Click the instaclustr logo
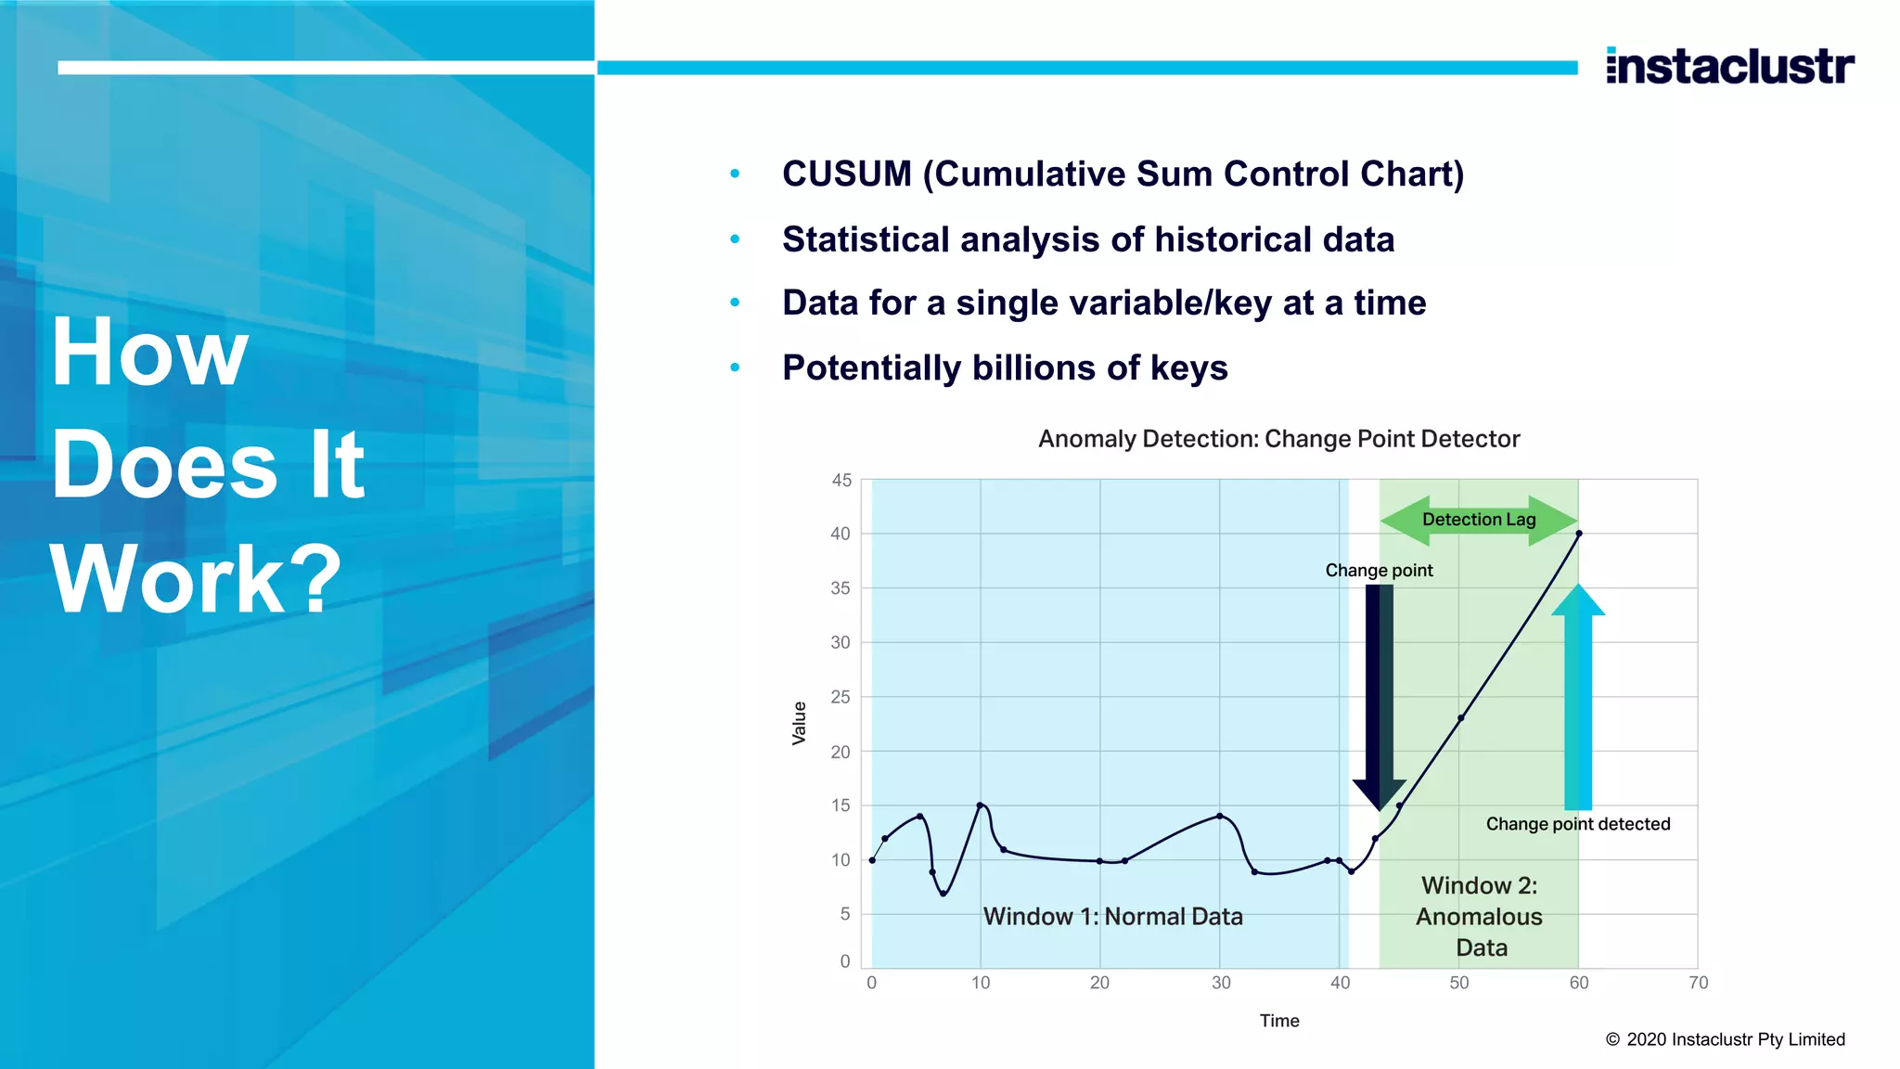1729,66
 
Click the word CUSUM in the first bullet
846,174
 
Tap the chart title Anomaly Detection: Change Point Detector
1278,439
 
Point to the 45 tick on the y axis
841,481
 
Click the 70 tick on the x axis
1698,983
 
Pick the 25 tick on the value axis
841,697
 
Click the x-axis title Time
1278,1021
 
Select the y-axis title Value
799,723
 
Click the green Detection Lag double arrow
1479,520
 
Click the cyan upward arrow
1577,696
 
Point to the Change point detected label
1577,824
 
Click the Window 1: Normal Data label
1112,917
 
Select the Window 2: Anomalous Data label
1479,917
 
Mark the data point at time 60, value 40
1579,534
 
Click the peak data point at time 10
980,805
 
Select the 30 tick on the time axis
1221,983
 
